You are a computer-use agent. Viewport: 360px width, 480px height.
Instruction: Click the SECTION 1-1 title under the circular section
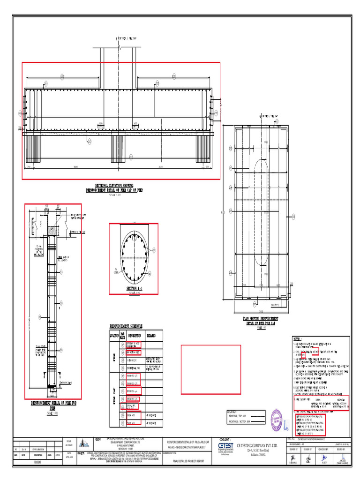coord(134,288)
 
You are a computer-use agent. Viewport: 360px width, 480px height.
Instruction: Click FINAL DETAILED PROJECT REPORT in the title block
coord(188,461)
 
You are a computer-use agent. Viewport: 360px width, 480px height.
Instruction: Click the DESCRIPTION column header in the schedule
coord(133,336)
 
